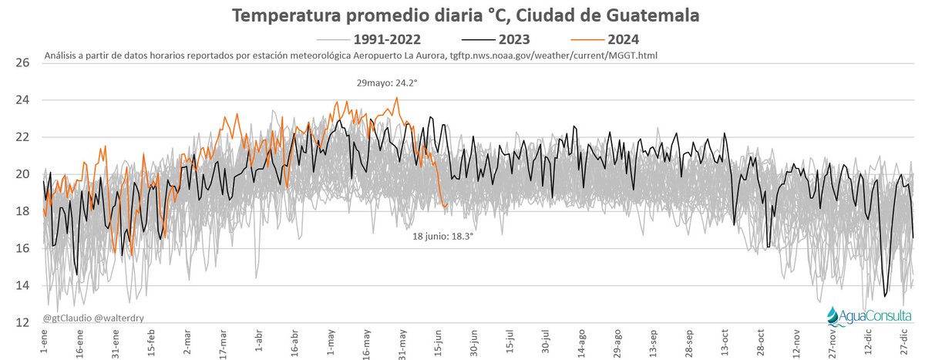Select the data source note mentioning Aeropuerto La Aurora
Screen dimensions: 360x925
tap(351, 56)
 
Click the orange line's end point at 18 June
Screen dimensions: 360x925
tap(447, 206)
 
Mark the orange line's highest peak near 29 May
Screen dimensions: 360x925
tap(396, 98)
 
